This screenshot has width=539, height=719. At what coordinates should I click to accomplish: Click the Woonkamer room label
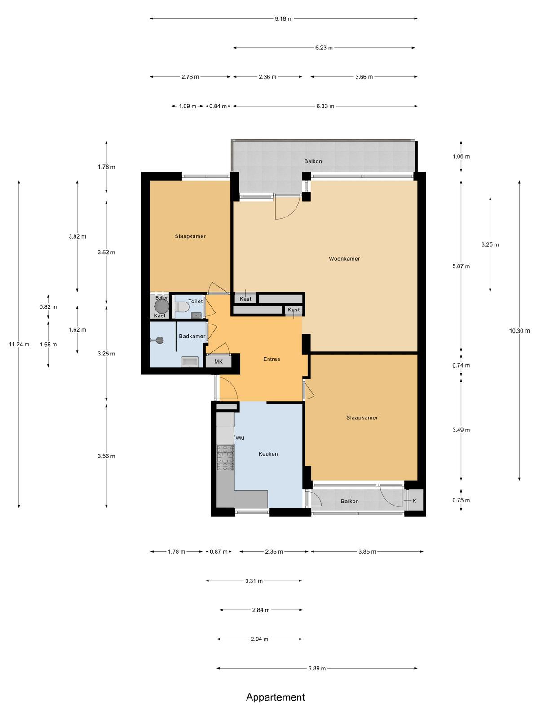pos(344,259)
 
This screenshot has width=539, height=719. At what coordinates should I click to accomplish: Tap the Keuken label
pos(268,454)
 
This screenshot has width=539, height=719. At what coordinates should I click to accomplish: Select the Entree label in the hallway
pos(272,359)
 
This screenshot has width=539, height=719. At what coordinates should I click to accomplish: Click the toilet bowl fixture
pos(182,307)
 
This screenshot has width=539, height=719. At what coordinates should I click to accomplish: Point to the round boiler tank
pos(161,306)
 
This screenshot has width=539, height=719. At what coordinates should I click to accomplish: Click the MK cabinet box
pos(218,361)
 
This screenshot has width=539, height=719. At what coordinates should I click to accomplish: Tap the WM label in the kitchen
pos(240,438)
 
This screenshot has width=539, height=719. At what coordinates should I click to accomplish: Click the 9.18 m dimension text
pos(284,19)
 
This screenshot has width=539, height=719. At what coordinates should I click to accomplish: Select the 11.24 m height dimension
pos(19,344)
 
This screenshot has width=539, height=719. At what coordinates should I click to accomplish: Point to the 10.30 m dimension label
pos(519,331)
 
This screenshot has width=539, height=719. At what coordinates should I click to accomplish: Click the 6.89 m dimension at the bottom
pos(317,668)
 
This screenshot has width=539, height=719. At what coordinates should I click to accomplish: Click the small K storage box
pos(415,501)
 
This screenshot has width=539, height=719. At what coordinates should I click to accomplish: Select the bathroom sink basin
pos(190,362)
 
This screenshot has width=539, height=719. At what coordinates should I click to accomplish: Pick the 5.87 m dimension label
pos(461,266)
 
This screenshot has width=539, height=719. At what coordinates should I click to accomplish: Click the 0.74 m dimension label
pos(461,365)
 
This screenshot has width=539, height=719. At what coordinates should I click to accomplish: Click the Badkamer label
pos(192,336)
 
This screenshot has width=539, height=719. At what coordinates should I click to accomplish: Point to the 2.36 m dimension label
pos(268,77)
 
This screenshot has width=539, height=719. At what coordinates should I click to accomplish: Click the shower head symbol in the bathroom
pos(159,340)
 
